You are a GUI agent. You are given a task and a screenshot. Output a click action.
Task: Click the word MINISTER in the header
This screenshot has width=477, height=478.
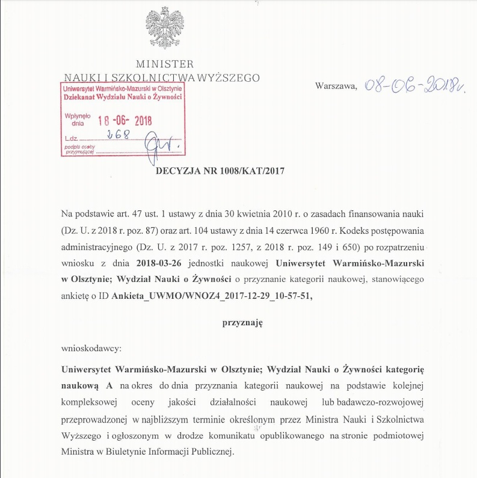(165, 64)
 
